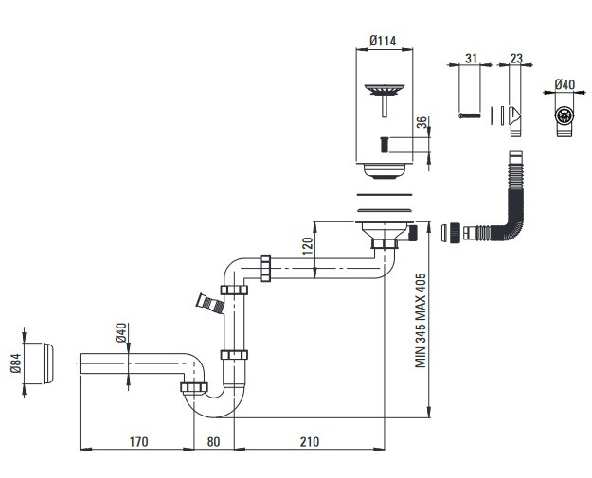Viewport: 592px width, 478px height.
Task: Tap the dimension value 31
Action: pyautogui.click(x=471, y=58)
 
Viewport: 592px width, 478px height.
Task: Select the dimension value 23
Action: pyautogui.click(x=515, y=58)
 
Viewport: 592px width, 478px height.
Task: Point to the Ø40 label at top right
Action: pyautogui.click(x=565, y=84)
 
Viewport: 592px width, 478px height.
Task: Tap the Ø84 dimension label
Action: pyautogui.click(x=14, y=364)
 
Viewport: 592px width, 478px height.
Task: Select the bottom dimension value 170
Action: pyautogui.click(x=138, y=441)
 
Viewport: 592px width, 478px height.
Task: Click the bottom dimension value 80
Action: pyautogui.click(x=214, y=441)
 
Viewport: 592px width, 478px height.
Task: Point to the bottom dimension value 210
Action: pyautogui.click(x=309, y=441)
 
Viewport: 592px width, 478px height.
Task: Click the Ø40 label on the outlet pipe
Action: pyautogui.click(x=120, y=334)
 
